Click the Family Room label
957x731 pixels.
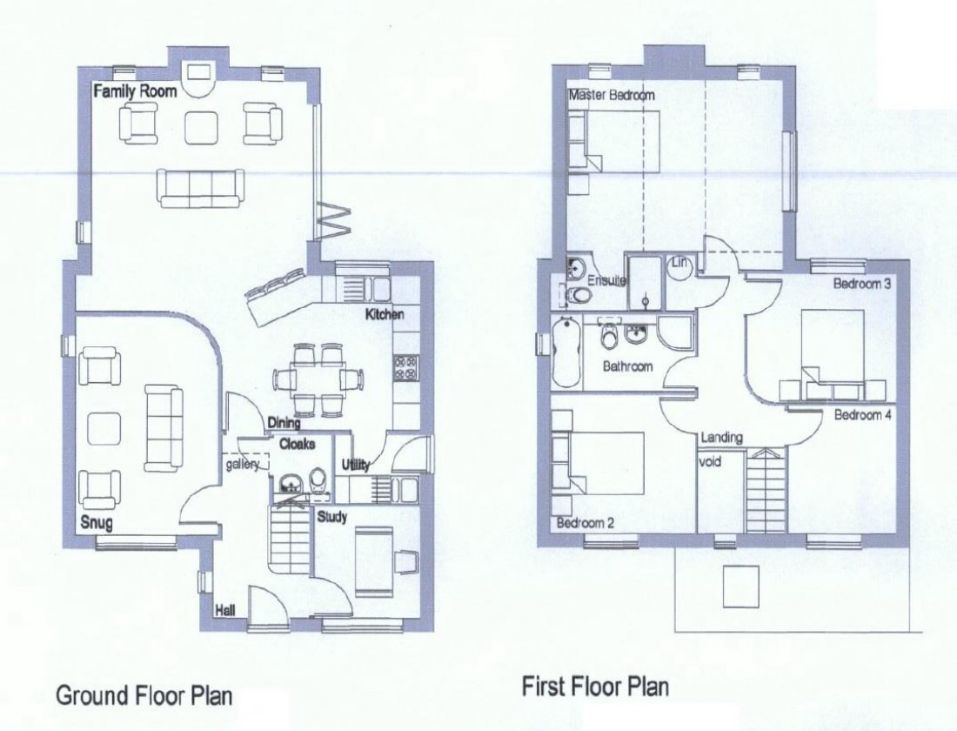point(135,91)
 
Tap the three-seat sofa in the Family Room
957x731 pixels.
point(201,187)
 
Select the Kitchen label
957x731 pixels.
point(385,313)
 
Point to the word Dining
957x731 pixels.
point(284,423)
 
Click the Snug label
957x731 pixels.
point(97,524)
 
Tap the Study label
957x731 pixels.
point(331,517)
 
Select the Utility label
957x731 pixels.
point(356,465)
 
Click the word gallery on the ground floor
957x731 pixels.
point(244,466)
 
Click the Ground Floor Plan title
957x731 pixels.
point(144,696)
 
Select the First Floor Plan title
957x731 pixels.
point(595,687)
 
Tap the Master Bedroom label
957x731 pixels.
point(612,95)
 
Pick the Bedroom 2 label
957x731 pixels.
point(586,524)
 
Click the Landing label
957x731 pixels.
point(721,438)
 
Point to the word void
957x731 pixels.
point(711,462)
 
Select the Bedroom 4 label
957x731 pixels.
point(863,415)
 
